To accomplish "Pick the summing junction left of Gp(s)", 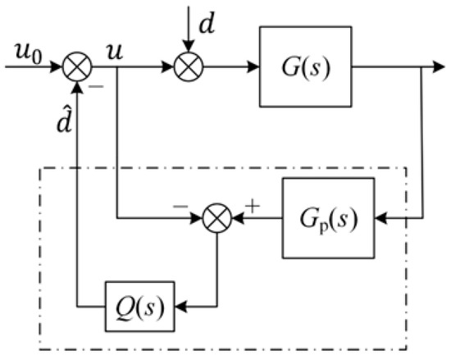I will tap(217, 220).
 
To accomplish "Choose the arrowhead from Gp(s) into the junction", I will tap(237, 220).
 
